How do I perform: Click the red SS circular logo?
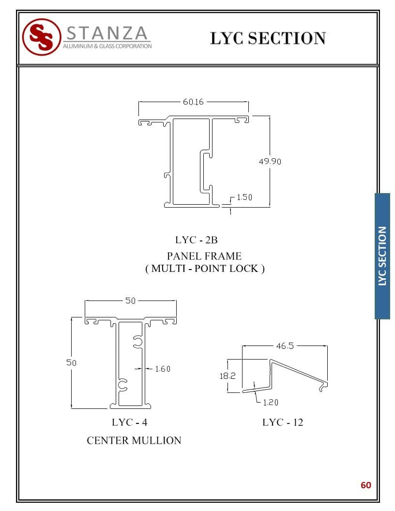click(x=42, y=37)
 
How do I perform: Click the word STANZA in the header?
click(x=107, y=33)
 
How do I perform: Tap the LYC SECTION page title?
click(x=268, y=38)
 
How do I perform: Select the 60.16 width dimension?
click(x=193, y=102)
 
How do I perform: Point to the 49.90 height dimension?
click(x=270, y=161)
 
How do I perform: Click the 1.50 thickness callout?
click(x=244, y=197)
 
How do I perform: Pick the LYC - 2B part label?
click(x=196, y=240)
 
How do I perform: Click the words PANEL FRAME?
click(x=204, y=256)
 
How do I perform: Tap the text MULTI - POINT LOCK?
click(x=205, y=269)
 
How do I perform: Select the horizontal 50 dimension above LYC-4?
click(x=130, y=301)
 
